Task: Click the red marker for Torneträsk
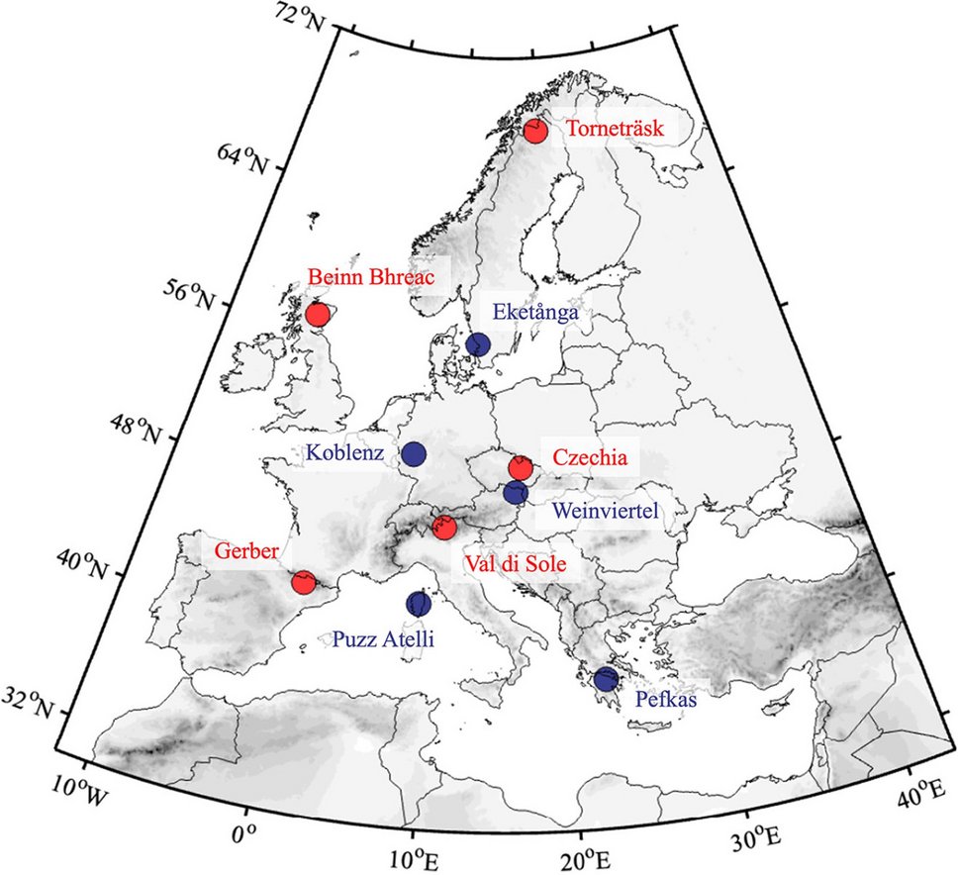pyautogui.click(x=535, y=131)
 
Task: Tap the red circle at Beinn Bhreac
pyautogui.click(x=317, y=314)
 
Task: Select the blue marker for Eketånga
pyautogui.click(x=478, y=344)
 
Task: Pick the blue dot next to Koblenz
pyautogui.click(x=414, y=454)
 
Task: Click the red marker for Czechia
pyautogui.click(x=521, y=467)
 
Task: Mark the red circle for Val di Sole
pyautogui.click(x=444, y=528)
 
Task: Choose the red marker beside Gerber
pyautogui.click(x=304, y=582)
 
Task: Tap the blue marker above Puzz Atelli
pyautogui.click(x=419, y=604)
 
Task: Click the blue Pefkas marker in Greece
pyautogui.click(x=605, y=679)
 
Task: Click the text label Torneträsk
pyautogui.click(x=616, y=130)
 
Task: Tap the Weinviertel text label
pyautogui.click(x=606, y=512)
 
